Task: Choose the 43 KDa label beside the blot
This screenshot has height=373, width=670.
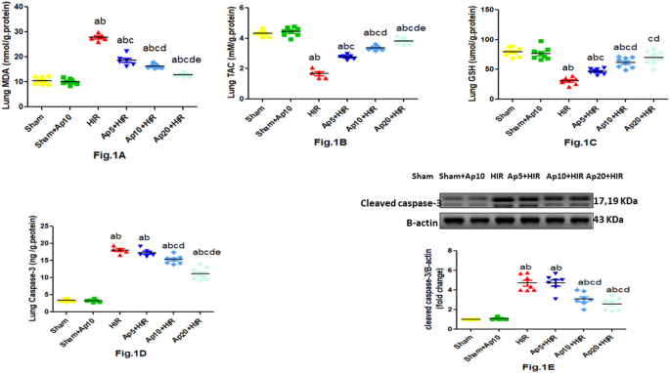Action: pyautogui.click(x=612, y=222)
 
